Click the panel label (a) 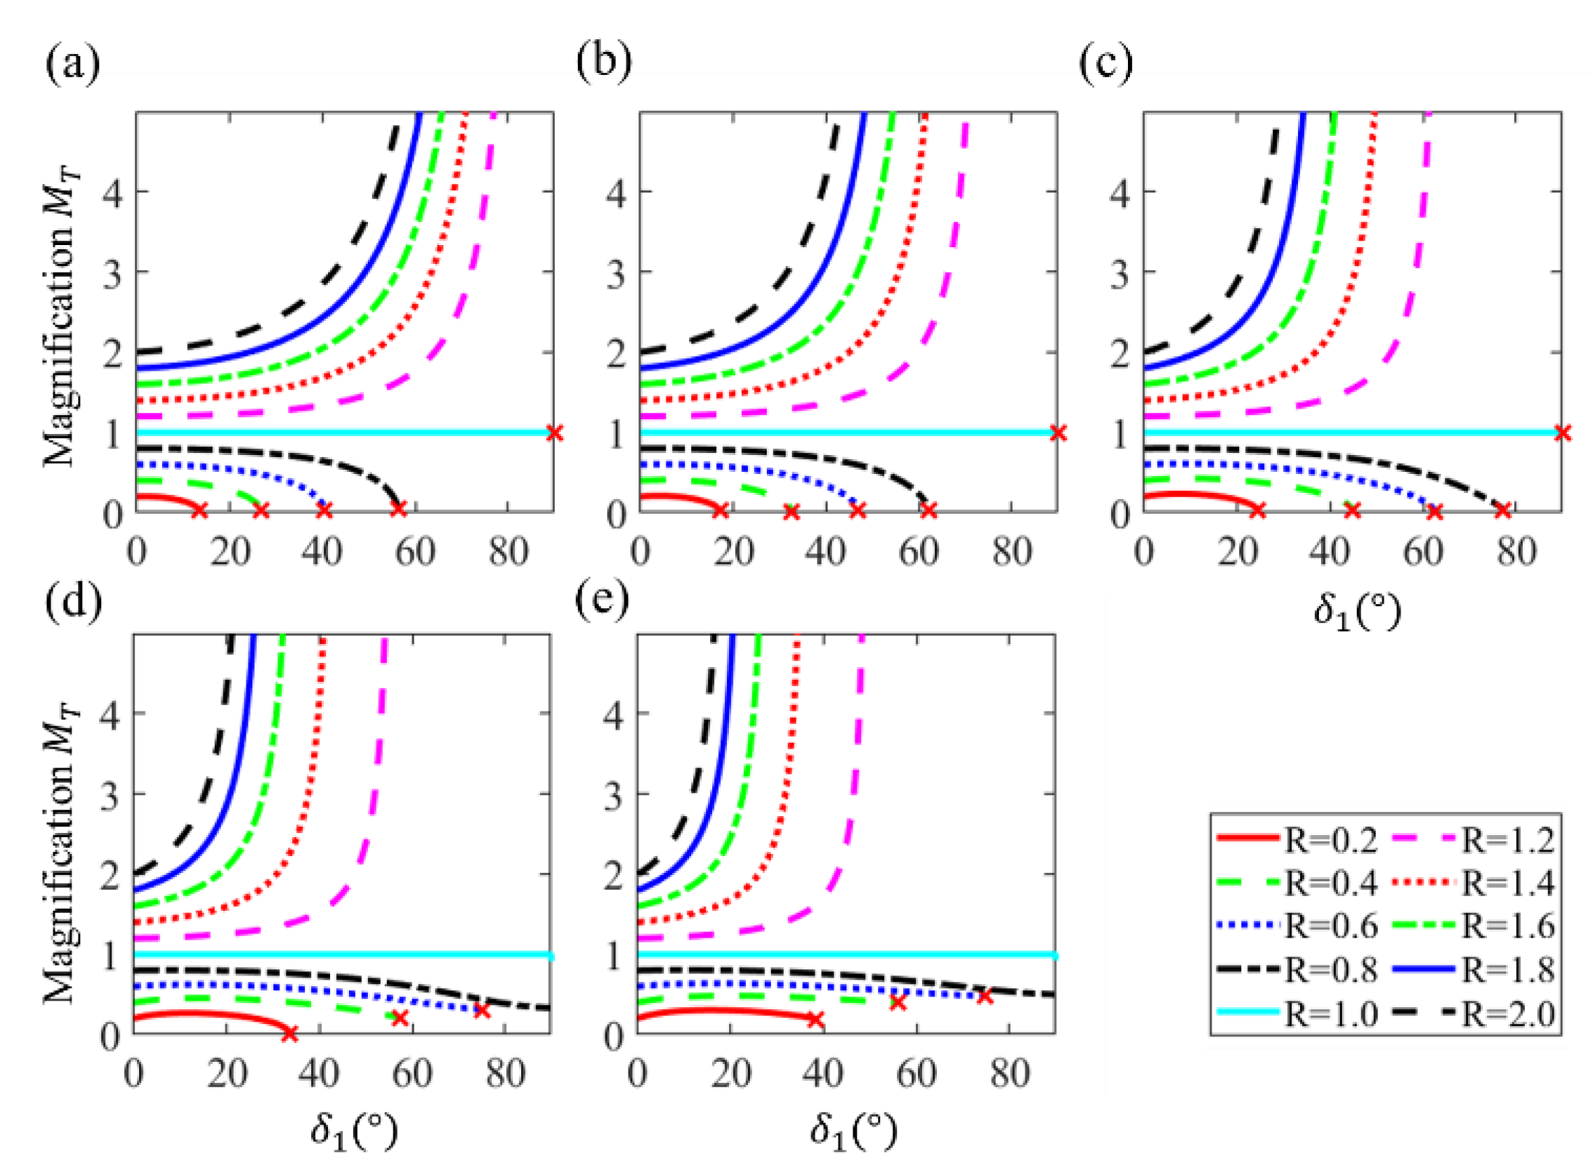73,66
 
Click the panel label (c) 1106,66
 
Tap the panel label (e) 602,599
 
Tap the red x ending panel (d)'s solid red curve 289,1034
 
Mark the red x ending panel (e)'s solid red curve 815,1019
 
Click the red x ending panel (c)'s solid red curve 1258,510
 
